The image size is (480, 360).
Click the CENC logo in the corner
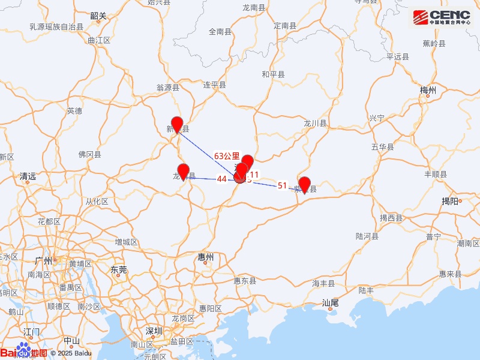(442, 18)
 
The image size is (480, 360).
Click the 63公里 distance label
(227, 155)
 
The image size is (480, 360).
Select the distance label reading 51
(283, 185)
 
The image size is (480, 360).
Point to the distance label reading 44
(222, 179)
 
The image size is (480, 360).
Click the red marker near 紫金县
(304, 185)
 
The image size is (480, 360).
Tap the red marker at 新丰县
(176, 124)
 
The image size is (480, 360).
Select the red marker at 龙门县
(184, 172)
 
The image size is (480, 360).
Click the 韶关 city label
(97, 16)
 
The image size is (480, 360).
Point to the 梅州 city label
(428, 90)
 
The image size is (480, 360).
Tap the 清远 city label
(28, 176)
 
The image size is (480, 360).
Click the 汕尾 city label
(332, 302)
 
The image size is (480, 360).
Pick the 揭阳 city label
(451, 201)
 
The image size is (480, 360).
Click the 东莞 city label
(119, 270)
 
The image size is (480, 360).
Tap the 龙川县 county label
(315, 123)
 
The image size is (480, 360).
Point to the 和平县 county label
(273, 74)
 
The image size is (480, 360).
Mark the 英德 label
(74, 110)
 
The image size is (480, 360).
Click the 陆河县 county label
(367, 236)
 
